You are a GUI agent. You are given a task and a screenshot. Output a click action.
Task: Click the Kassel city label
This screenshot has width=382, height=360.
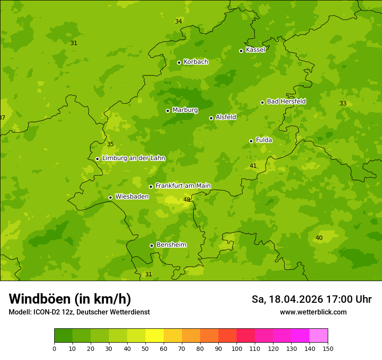(255, 50)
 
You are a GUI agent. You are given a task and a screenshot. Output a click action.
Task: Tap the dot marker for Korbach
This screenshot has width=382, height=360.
(179, 62)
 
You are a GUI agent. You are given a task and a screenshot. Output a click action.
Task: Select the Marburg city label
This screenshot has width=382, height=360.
(185, 110)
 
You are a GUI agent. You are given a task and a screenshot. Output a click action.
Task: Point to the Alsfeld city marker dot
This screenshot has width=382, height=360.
(211, 118)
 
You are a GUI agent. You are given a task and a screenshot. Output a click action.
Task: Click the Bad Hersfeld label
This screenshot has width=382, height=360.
(286, 101)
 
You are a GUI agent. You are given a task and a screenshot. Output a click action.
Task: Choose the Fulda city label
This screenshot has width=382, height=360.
(264, 140)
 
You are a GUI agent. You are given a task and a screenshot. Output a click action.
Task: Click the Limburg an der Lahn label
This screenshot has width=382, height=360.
(133, 158)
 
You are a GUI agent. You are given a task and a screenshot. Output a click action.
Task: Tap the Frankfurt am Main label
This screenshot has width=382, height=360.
(183, 186)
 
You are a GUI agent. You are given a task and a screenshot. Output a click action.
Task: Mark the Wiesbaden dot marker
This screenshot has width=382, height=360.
(110, 197)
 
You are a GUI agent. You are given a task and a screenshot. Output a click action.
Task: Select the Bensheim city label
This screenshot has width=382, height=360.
(171, 245)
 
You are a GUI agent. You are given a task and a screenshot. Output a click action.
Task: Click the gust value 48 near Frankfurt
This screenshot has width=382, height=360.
(187, 200)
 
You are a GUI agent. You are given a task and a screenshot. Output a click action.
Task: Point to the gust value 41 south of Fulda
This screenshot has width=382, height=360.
(253, 166)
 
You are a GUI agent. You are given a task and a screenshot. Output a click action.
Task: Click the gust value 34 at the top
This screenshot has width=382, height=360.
(178, 21)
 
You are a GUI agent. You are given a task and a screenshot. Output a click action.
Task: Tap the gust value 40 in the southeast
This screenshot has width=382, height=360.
(319, 238)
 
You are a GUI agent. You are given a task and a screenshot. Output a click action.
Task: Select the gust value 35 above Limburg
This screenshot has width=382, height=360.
(110, 144)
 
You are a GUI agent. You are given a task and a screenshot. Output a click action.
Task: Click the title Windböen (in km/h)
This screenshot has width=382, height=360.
(70, 299)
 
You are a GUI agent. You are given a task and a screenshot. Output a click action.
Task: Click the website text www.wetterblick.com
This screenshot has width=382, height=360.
(313, 312)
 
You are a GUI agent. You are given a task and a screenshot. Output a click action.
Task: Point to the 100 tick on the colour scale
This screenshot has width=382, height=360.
(237, 348)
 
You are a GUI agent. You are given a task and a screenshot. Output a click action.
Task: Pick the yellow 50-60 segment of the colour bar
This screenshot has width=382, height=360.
(155, 336)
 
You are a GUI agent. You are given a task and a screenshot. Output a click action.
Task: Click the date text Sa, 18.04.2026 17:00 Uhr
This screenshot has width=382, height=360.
(311, 299)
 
